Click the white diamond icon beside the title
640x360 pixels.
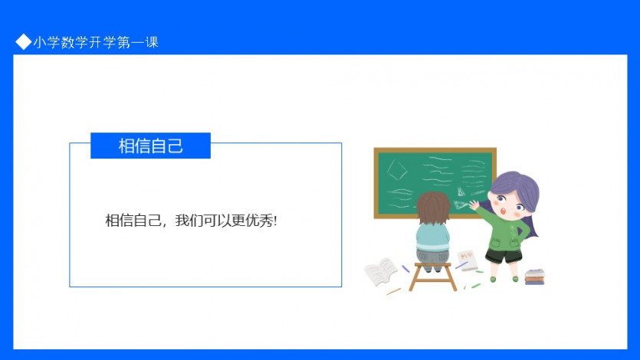click(x=23, y=41)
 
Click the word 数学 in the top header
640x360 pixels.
click(x=67, y=42)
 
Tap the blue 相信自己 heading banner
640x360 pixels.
click(x=150, y=146)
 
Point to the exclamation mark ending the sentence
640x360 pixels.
click(x=275, y=221)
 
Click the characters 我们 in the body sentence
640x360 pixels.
click(x=189, y=221)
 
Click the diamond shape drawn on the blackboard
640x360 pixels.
click(x=397, y=169)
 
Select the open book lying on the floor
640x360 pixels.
click(x=380, y=271)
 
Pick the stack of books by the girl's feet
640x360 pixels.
click(x=535, y=277)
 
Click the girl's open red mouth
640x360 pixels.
click(x=504, y=211)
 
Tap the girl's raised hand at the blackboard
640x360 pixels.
click(x=474, y=205)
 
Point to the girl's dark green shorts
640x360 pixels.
click(x=504, y=256)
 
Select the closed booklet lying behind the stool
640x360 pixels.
click(x=468, y=260)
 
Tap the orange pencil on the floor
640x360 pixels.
click(x=394, y=291)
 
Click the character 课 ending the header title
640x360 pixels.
click(x=152, y=42)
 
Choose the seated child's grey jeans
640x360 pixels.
click(x=432, y=257)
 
